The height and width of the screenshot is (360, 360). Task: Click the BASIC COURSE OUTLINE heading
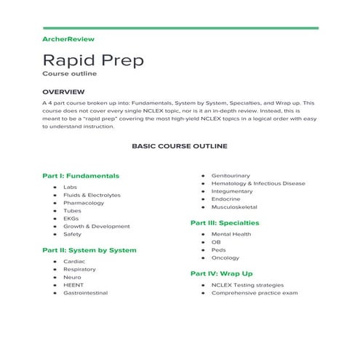point(179,145)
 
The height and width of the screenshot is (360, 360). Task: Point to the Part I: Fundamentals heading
point(81,175)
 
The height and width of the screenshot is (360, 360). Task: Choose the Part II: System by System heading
point(89,250)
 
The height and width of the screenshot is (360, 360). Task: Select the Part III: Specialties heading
point(225,223)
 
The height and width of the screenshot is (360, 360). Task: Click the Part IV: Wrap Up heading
point(221,273)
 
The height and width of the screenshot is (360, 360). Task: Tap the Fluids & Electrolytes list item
point(92,195)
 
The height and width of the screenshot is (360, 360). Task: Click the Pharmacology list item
point(84,203)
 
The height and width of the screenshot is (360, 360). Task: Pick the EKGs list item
point(71,218)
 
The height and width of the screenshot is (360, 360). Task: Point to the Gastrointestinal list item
point(85,292)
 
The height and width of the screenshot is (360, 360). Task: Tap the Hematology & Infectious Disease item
point(257,183)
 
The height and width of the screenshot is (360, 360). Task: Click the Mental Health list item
point(231,234)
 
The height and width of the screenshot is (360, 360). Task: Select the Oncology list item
point(225,257)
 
